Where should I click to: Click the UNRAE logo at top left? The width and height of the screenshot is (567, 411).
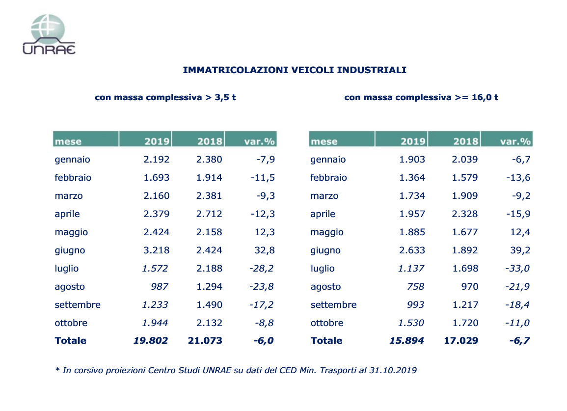[49, 34]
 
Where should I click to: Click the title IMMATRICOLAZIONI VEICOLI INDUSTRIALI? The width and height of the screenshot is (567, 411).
[295, 70]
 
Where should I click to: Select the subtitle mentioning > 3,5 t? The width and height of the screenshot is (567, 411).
[165, 97]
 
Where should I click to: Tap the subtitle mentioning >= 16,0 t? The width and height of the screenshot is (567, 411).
[421, 97]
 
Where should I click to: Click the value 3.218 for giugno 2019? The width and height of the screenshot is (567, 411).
[157, 250]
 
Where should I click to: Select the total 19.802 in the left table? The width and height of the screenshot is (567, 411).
[151, 341]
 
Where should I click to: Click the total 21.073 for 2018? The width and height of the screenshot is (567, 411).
[205, 341]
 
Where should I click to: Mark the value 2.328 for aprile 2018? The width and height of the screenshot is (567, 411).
[465, 214]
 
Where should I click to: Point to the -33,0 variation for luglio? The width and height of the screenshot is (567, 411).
[518, 269]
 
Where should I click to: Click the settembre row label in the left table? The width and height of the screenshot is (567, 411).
[78, 305]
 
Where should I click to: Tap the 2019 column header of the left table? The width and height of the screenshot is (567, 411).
[157, 141]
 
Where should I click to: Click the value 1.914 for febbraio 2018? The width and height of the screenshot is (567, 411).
[209, 178]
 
